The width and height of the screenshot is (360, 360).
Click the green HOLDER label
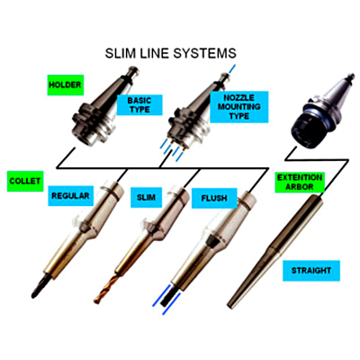66,85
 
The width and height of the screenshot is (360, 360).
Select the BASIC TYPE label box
139,105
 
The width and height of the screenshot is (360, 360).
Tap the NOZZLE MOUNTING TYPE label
239,107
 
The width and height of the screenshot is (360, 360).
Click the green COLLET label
25,181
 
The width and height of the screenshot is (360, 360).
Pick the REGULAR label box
70,196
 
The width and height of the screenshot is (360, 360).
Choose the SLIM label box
146,197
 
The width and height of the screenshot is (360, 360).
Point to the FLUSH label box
214,198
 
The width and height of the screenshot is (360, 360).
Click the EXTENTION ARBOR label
300,182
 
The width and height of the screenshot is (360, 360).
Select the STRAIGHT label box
311,271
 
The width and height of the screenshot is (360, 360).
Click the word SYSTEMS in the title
205,53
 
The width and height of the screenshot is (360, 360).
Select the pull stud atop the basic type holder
132,71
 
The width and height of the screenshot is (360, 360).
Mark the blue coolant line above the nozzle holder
232,68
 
